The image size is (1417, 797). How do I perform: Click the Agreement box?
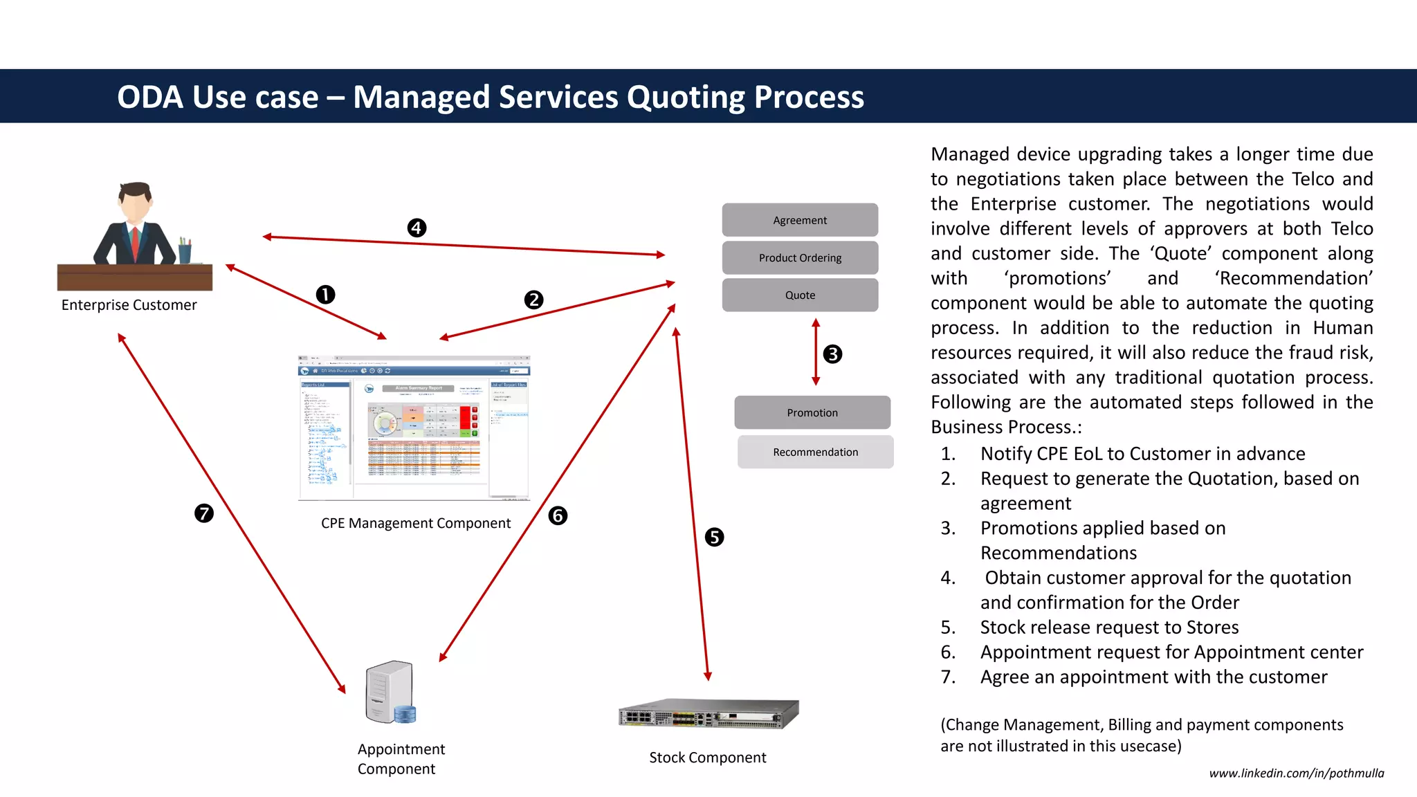(x=800, y=220)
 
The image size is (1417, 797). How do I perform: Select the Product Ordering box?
(x=800, y=257)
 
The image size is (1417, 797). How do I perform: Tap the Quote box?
(x=800, y=295)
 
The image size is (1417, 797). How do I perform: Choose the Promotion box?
(x=812, y=412)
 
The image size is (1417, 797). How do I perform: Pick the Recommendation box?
(x=815, y=452)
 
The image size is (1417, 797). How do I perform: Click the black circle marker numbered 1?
(x=325, y=295)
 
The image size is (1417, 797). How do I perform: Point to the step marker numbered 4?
(x=417, y=228)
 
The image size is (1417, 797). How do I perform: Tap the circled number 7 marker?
(x=203, y=513)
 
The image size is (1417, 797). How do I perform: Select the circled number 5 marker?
(x=714, y=537)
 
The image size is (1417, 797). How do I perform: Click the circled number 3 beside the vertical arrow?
(x=832, y=354)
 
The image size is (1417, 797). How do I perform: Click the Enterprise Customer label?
(x=129, y=305)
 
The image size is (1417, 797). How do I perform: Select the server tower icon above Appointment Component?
(x=390, y=692)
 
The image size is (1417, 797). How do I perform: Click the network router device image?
(x=708, y=714)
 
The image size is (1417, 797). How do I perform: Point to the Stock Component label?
(x=707, y=758)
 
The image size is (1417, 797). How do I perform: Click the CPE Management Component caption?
(x=415, y=523)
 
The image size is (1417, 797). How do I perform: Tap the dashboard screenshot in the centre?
(x=414, y=428)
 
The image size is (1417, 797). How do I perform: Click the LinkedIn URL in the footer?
(x=1296, y=773)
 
